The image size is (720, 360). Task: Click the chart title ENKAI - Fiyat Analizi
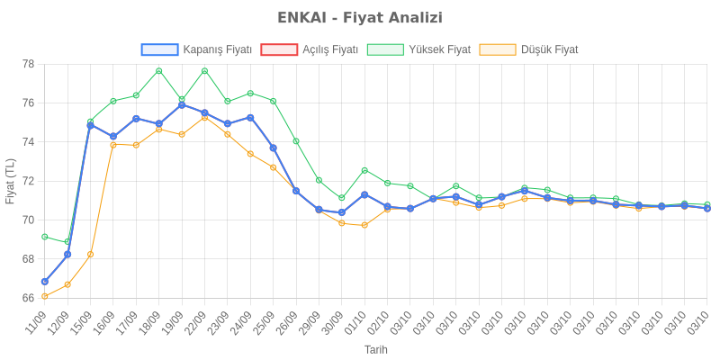[360, 18]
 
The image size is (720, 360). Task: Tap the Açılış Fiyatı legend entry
[310, 49]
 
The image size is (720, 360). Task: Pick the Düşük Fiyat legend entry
[529, 49]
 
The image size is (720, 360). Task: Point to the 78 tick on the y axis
[29, 64]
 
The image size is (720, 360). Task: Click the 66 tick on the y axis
[29, 298]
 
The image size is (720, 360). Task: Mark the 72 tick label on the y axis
[29, 181]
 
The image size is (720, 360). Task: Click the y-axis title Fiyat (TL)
[10, 181]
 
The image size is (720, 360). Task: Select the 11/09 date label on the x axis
[36, 320]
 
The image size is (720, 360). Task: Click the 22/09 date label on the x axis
[197, 320]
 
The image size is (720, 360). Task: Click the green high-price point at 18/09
[158, 70]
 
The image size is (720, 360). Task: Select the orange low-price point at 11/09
[44, 296]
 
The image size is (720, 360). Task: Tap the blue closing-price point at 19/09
[182, 104]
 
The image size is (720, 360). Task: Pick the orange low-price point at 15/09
[90, 255]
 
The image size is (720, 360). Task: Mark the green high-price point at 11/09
[44, 237]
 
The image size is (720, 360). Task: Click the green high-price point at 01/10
[364, 170]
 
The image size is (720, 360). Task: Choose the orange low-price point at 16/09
[113, 145]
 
